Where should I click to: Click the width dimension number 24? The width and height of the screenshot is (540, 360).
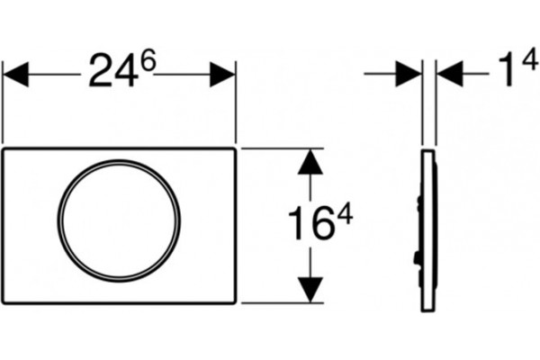coord(112,70)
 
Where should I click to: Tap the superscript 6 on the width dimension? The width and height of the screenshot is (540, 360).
coord(148,60)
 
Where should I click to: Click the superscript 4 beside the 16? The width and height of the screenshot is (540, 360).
coord(345,213)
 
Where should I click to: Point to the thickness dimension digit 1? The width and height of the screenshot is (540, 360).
coord(506,70)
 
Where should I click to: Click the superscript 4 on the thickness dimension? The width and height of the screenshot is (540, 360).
coord(530,58)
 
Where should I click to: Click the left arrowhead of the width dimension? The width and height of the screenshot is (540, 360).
coord(15,74)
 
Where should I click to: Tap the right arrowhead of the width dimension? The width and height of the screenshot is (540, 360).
coord(222,74)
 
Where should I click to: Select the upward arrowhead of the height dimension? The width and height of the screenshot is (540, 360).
coord(310,161)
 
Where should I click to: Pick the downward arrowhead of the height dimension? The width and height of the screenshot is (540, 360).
coord(310,290)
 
